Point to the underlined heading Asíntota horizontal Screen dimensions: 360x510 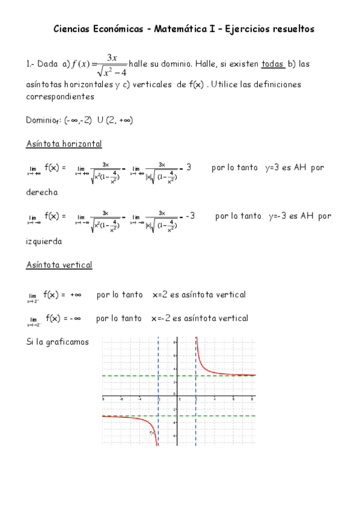(64, 144)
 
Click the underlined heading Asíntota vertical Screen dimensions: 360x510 (59, 265)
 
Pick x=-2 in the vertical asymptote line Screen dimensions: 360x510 (162, 318)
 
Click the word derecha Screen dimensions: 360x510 (42, 193)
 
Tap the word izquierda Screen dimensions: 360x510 (44, 241)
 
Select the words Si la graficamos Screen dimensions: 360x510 (58, 342)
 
